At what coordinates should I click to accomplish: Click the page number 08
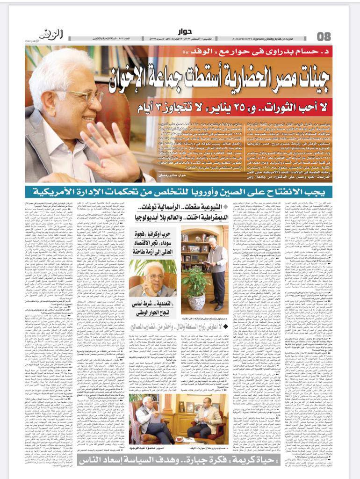324,36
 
